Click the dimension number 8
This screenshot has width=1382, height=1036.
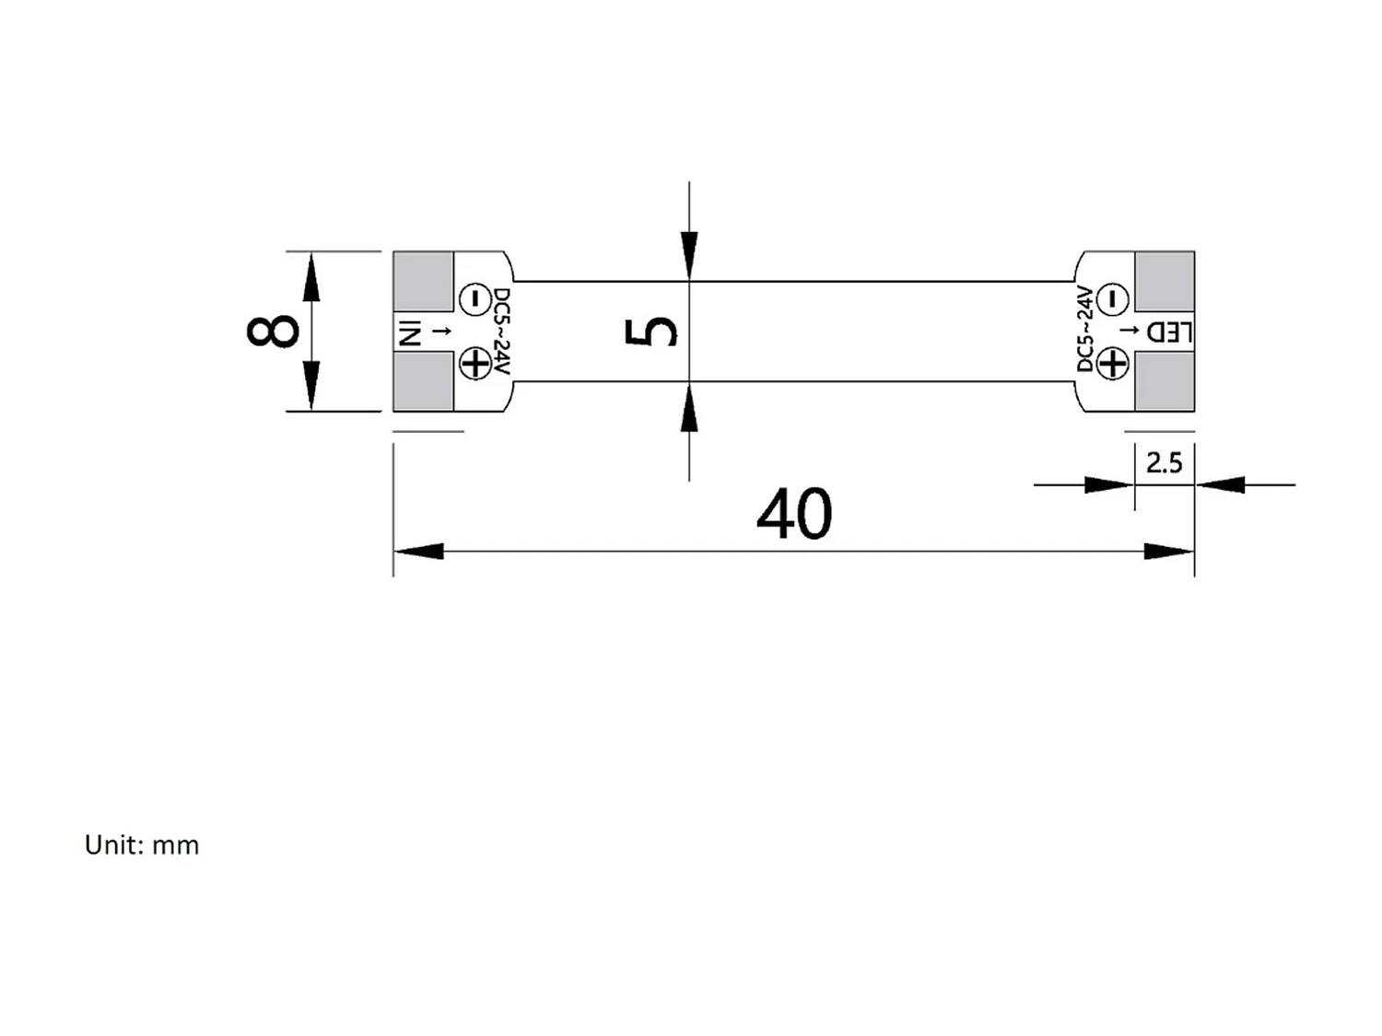point(273,331)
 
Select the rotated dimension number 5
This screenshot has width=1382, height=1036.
point(651,332)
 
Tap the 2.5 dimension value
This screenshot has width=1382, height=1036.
point(1164,462)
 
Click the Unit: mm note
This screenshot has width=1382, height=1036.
point(142,844)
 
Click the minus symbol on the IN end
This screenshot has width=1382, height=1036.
point(474,298)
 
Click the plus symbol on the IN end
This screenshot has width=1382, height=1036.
point(475,364)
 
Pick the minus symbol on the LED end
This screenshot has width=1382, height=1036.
point(1113,298)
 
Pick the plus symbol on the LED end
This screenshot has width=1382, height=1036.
point(1113,365)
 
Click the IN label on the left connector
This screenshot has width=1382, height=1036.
point(409,332)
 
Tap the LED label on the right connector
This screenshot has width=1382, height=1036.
point(1169,332)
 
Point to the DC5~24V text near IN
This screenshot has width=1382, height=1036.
point(501,332)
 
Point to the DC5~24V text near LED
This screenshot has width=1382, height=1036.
point(1085,330)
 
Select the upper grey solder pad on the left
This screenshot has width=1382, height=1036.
point(423,281)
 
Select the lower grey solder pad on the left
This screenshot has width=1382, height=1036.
point(423,382)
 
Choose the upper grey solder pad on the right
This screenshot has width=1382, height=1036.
point(1165,281)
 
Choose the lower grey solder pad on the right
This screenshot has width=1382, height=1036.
point(1165,382)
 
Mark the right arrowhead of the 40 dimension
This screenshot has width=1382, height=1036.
point(1169,552)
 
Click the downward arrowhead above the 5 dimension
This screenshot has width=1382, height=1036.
point(689,255)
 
